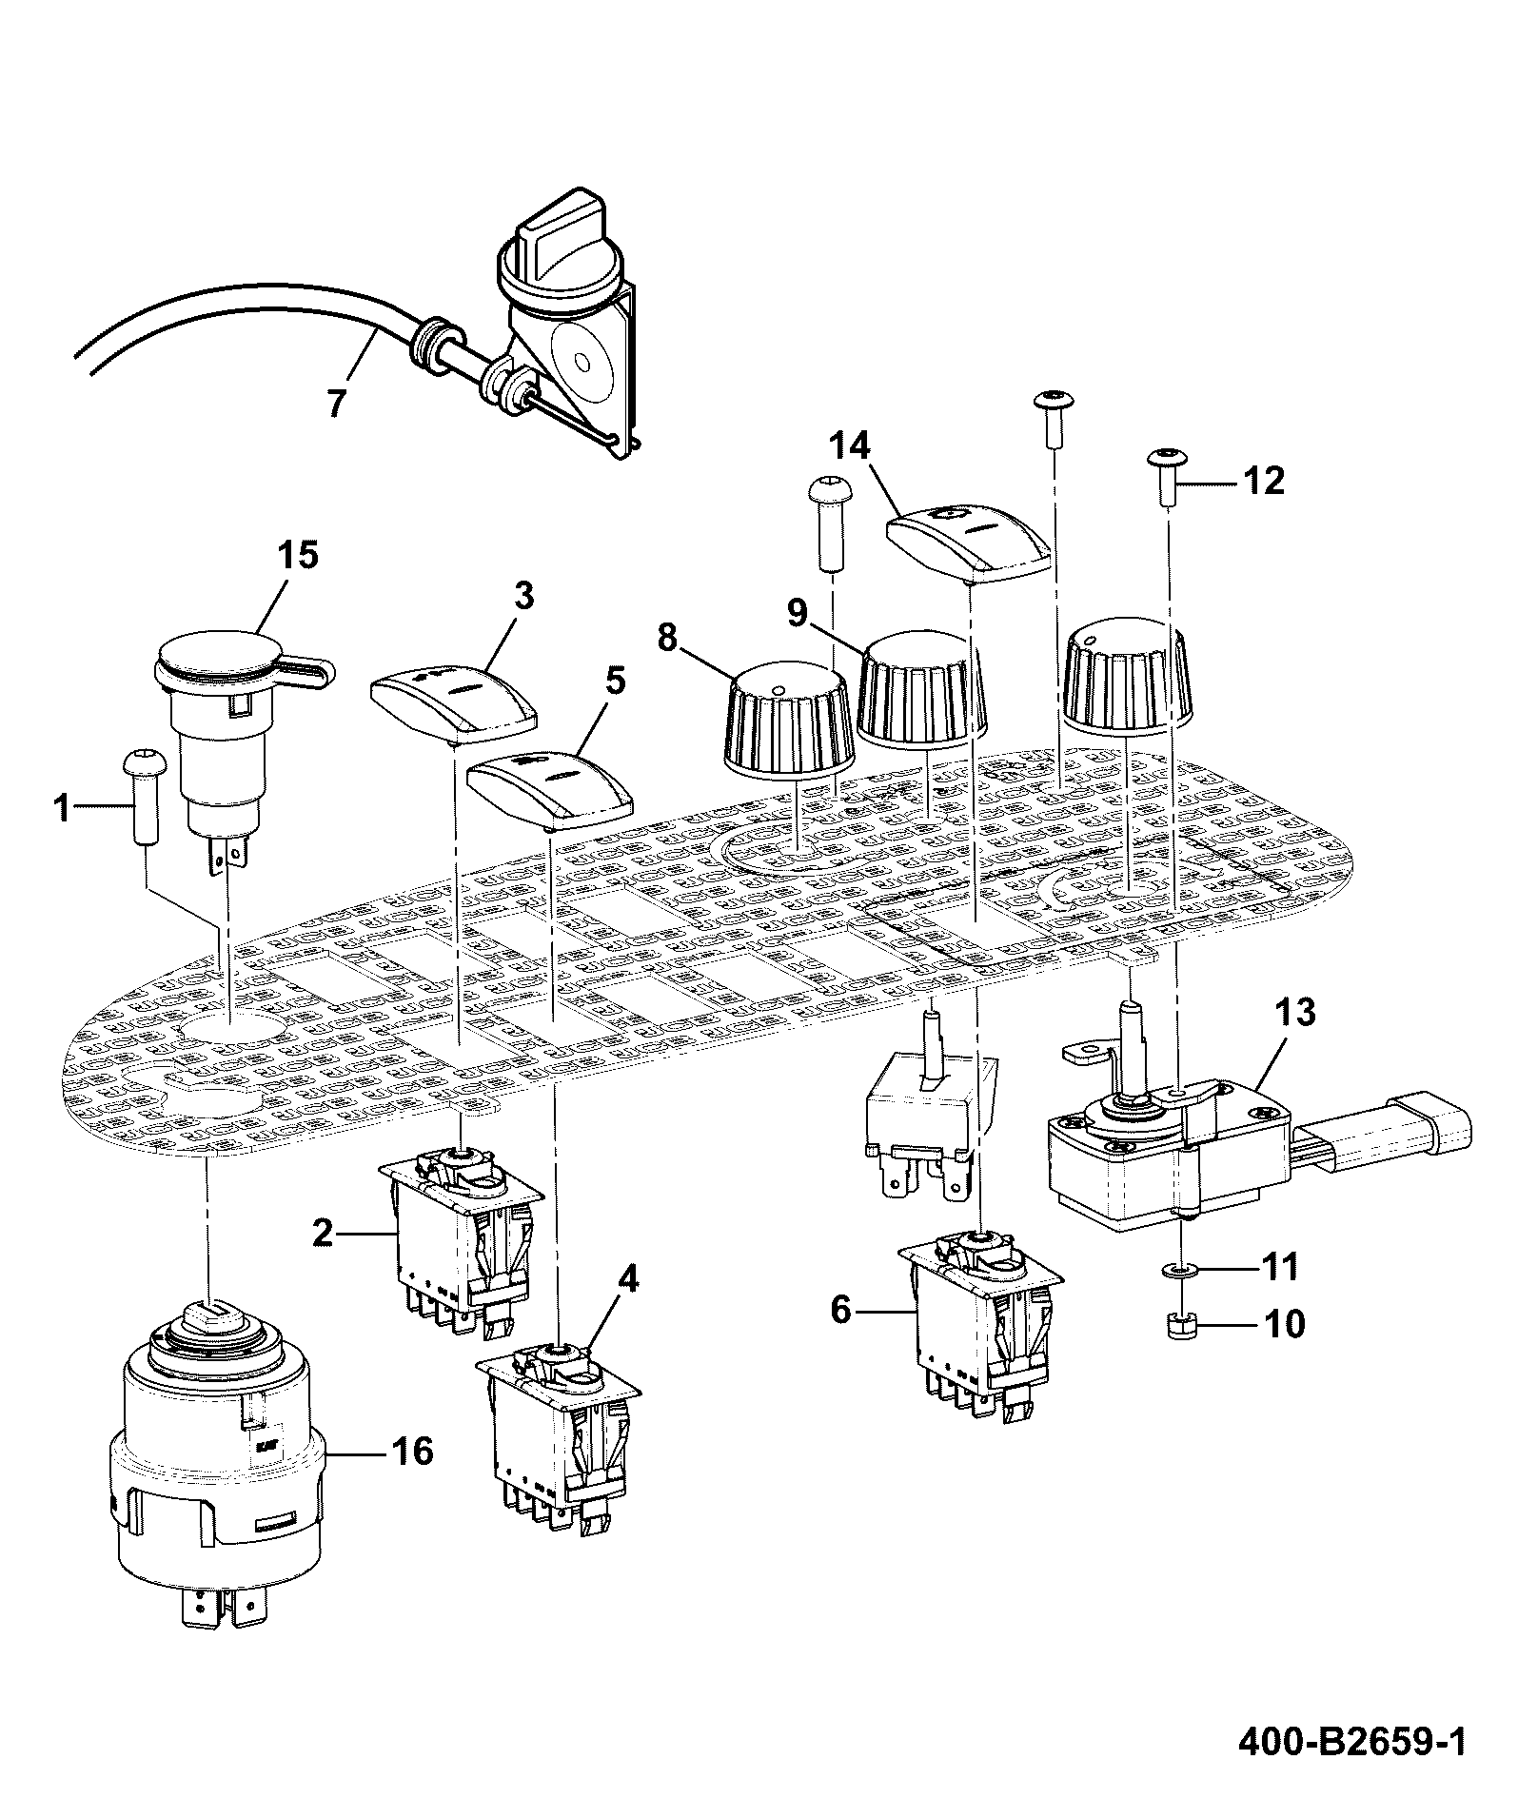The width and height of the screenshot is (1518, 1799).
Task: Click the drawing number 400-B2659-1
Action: point(1351,1741)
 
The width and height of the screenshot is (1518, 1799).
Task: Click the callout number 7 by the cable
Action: point(337,403)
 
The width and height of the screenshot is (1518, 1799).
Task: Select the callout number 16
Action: point(412,1452)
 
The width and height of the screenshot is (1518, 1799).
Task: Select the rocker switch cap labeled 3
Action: point(454,703)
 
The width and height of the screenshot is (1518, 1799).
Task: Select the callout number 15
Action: point(297,555)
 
